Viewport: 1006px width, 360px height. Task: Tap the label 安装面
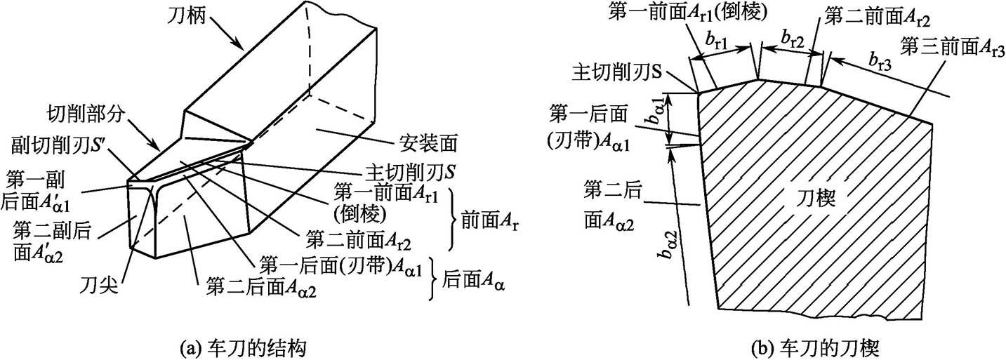tap(435, 145)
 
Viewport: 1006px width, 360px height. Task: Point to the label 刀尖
tap(98, 286)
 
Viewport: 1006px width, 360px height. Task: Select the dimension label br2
tap(793, 40)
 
